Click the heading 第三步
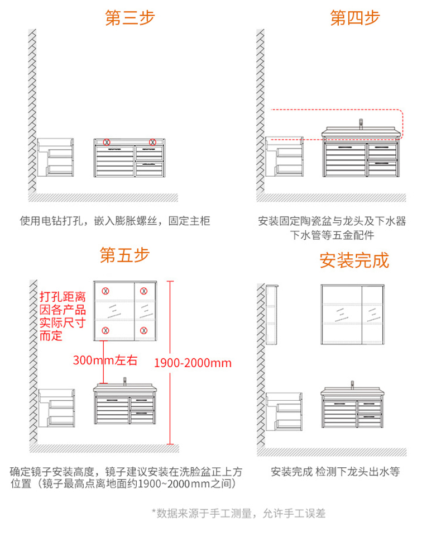coord(130,17)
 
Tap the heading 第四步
coord(354,17)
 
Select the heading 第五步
coord(124,255)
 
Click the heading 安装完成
coord(354,260)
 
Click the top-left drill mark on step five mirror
coord(104,291)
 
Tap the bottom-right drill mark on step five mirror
coord(143,331)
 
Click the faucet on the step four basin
coord(361,124)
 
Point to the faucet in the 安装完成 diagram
coord(353,385)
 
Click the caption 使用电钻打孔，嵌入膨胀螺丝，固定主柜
coord(114,221)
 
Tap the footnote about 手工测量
coord(238,513)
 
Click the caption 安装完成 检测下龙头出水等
coord(335,471)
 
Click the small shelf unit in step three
coord(56,158)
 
